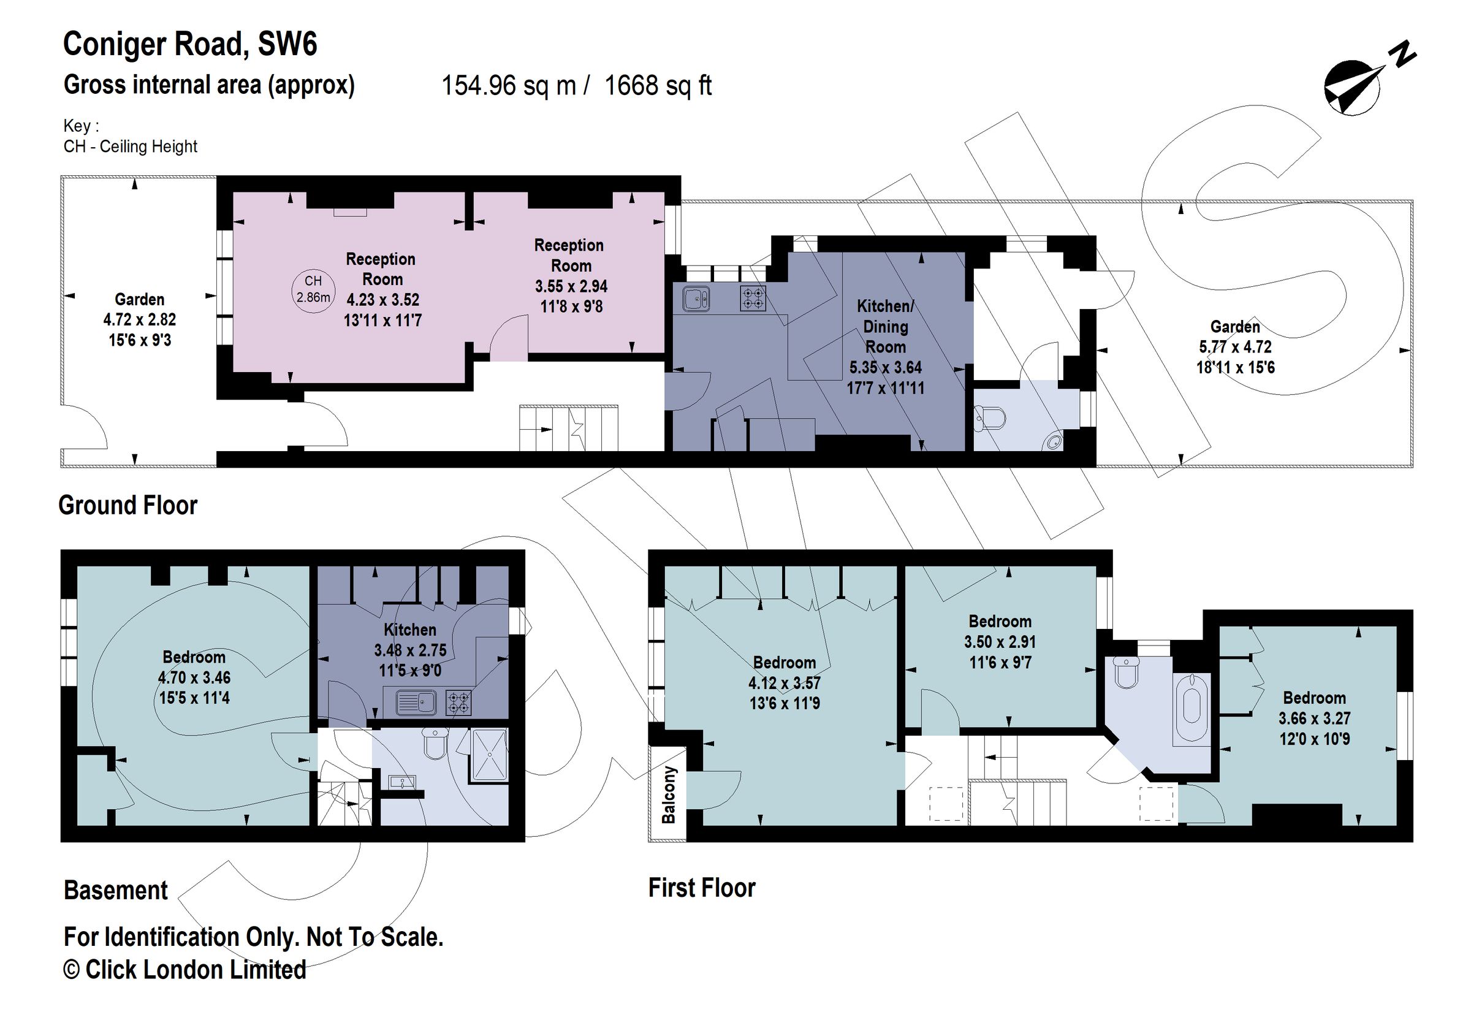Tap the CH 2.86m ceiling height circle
coord(313,289)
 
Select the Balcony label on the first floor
coord(669,795)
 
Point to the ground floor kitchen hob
coord(753,298)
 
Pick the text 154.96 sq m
coord(508,85)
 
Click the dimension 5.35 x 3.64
coord(886,367)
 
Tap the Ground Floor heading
coord(128,505)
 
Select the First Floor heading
coord(701,888)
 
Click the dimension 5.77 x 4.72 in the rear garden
coord(1235,347)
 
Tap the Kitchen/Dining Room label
coord(886,326)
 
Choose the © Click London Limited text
coord(185,970)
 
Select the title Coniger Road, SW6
coord(190,44)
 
